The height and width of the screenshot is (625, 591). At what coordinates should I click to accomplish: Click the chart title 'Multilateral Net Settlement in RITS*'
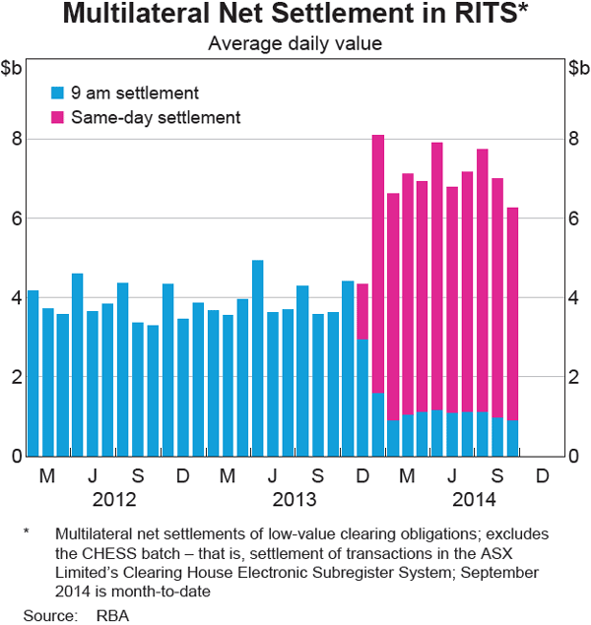(295, 16)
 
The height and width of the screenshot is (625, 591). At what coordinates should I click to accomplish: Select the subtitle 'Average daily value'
(295, 43)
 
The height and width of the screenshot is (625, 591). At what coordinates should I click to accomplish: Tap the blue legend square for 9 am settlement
(57, 94)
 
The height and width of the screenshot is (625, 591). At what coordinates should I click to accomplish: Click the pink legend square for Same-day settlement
(57, 116)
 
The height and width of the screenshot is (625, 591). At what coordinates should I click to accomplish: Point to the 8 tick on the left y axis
(17, 139)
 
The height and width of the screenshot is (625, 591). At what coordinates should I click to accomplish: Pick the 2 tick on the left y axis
(17, 377)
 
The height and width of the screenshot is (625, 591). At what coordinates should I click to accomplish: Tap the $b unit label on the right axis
(577, 68)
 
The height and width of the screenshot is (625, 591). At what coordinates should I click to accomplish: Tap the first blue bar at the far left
(33, 373)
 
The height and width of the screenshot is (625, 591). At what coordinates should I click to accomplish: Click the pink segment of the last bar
(512, 314)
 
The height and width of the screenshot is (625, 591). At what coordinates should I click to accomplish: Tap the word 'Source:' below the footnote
(50, 616)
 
